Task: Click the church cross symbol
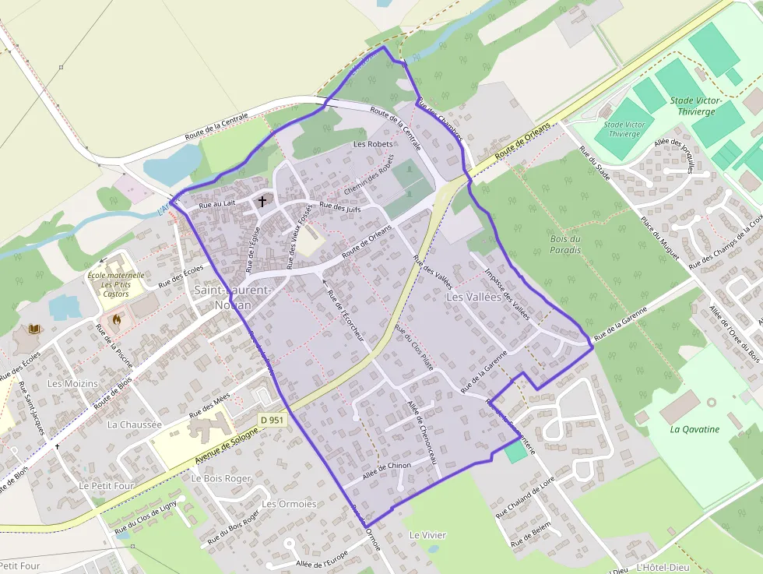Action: tap(262, 201)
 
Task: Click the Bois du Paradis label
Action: tap(565, 245)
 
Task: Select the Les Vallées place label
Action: tap(471, 298)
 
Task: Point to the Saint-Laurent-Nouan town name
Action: tap(233, 298)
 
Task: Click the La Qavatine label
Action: tap(694, 429)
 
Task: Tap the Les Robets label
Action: tap(373, 144)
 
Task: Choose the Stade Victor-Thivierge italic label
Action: tap(695, 106)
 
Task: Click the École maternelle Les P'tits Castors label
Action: tap(116, 284)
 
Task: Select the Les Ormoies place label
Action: tap(289, 504)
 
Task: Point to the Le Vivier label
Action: tap(427, 535)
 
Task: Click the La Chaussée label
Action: tap(135, 424)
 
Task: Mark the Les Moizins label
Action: tap(72, 383)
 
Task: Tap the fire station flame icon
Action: tap(117, 319)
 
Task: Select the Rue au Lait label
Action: tap(217, 204)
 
